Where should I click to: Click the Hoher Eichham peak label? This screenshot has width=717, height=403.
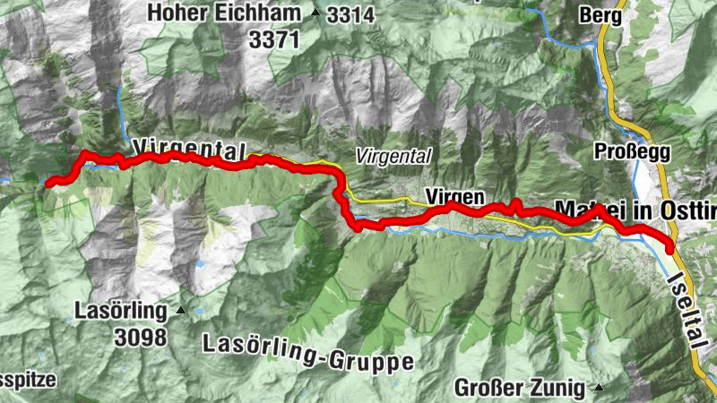(x=224, y=13)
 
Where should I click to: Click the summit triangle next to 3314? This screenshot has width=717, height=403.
(x=315, y=13)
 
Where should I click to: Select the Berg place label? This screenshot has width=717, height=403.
(x=600, y=15)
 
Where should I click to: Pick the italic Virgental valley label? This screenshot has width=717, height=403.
(x=393, y=156)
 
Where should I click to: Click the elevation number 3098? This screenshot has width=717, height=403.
(x=140, y=337)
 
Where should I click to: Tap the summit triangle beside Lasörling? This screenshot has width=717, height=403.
(x=181, y=312)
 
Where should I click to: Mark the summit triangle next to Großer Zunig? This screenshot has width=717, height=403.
(x=598, y=388)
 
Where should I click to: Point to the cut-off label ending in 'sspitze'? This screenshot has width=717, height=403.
(x=27, y=380)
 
